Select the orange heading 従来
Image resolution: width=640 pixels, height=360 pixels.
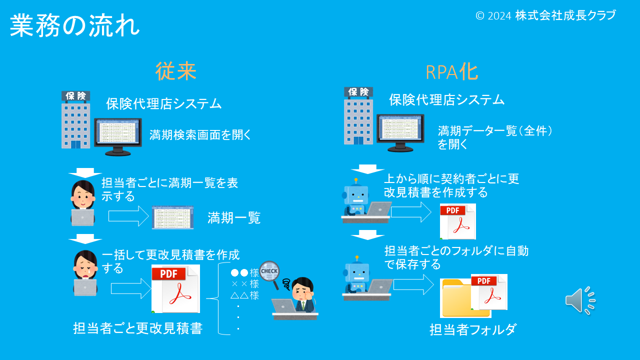click(175, 71)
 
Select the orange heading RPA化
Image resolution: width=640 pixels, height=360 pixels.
click(451, 72)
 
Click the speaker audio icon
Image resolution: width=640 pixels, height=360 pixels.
click(580, 300)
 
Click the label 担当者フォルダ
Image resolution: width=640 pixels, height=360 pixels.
click(472, 330)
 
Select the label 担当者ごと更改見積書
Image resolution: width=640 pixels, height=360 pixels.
click(137, 328)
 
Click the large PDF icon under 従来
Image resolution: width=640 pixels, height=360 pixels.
click(175, 289)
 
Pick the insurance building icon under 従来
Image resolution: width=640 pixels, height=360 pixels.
click(75, 120)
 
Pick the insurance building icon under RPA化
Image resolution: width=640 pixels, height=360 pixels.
click(358, 116)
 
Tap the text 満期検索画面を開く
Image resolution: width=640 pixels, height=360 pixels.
click(200, 135)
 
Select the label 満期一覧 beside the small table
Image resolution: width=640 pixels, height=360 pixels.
click(234, 218)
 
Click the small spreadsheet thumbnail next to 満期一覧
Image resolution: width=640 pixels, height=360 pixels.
click(172, 217)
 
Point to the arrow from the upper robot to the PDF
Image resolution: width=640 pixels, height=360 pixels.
click(410, 211)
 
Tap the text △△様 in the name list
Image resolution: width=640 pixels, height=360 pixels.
click(244, 295)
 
